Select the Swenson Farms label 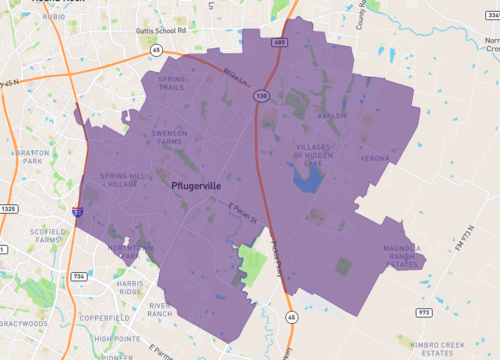point(168,137)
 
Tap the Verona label point(375,158)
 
